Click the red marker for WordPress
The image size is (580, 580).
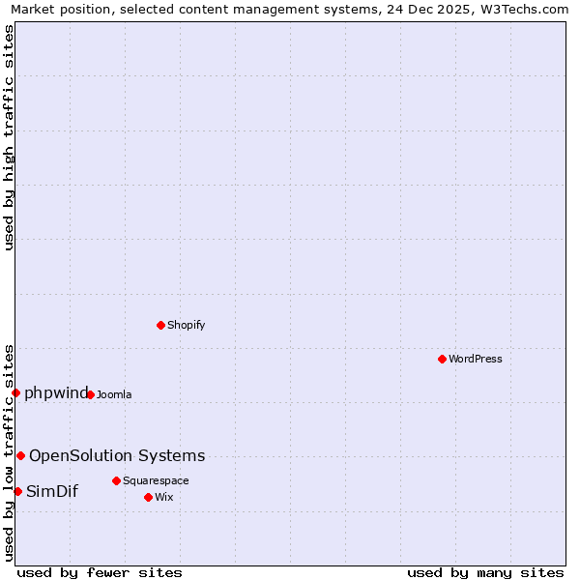point(442,359)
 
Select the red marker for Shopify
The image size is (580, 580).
point(161,325)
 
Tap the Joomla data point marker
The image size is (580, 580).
point(90,394)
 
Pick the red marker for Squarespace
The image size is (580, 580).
point(116,480)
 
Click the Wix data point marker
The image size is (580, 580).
point(148,497)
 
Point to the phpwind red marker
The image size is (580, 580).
point(16,392)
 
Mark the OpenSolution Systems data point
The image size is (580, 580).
point(20,455)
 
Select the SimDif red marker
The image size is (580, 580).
point(17,491)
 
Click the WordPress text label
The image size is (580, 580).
point(476,359)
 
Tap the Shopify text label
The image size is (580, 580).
point(187,325)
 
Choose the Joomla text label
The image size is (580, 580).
point(114,394)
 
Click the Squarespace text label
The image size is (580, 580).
point(156,480)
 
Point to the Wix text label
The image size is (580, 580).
point(164,497)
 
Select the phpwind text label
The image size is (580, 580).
point(56,392)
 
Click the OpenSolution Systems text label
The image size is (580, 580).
point(117,455)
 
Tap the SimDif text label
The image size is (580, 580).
point(52,491)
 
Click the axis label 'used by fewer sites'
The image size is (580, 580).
point(100,572)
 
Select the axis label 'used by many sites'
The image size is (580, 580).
point(485,572)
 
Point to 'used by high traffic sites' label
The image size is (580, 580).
point(9,137)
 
